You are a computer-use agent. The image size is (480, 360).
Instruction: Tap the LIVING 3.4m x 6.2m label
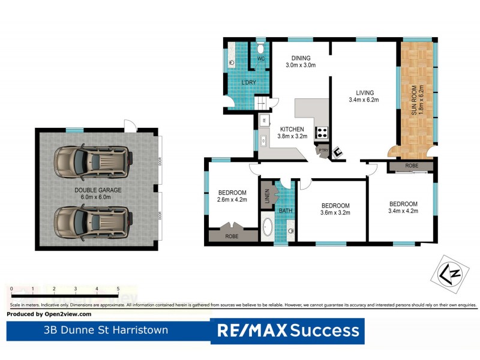[364, 96]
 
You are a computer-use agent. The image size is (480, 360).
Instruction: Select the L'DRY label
[249, 82]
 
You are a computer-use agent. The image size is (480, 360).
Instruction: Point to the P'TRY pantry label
[323, 150]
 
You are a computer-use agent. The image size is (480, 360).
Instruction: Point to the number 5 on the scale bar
[118, 289]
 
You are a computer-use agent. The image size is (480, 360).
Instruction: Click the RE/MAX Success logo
[287, 330]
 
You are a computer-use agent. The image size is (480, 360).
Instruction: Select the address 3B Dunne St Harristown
[106, 330]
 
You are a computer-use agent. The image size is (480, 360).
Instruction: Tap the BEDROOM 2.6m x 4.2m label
[232, 196]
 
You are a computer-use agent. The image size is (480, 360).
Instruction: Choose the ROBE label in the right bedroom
[412, 165]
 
